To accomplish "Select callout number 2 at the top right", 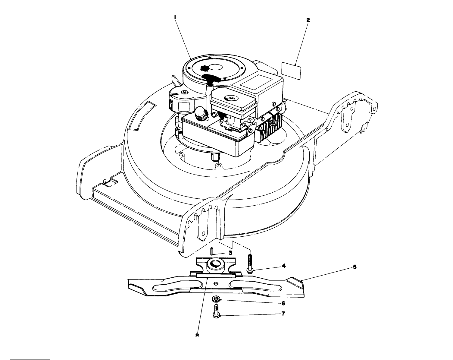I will pos(308,20).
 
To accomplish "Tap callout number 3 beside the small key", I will pos(230,253).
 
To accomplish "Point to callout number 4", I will pos(283,266).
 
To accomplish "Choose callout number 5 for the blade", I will pos(355,267).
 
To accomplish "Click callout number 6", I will pos(283,303).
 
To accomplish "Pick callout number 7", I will pos(283,314).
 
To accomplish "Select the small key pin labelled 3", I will pos(211,251).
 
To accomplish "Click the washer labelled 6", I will pos(216,299).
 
